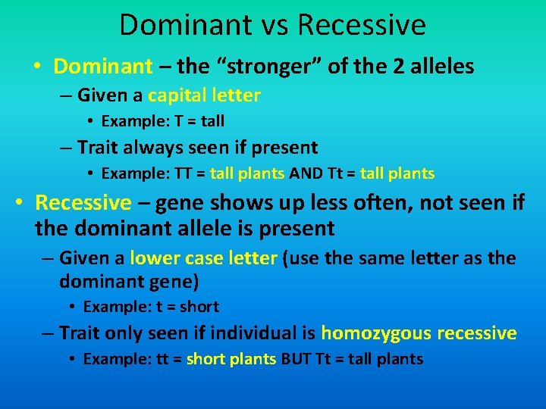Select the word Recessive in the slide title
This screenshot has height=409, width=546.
tap(362, 25)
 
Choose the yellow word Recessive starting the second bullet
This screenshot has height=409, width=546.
tap(83, 203)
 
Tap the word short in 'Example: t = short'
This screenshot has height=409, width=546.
tap(199, 307)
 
